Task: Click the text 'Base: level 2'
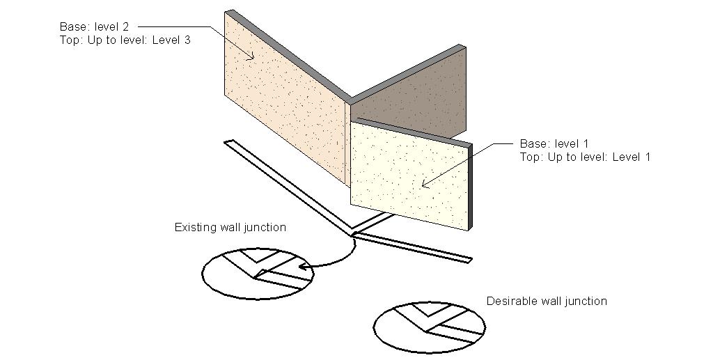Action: point(94,27)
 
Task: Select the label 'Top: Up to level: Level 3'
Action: point(125,40)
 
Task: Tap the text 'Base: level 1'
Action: point(554,144)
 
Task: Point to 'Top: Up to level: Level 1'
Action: point(585,157)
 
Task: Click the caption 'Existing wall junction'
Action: point(230,228)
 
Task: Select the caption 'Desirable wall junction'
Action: point(547,302)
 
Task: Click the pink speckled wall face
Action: point(285,104)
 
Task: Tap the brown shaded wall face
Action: point(411,101)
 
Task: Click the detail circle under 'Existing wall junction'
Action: point(258,273)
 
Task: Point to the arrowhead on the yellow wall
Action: point(425,185)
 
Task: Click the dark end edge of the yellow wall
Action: point(470,187)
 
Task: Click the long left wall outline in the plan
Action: point(289,188)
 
